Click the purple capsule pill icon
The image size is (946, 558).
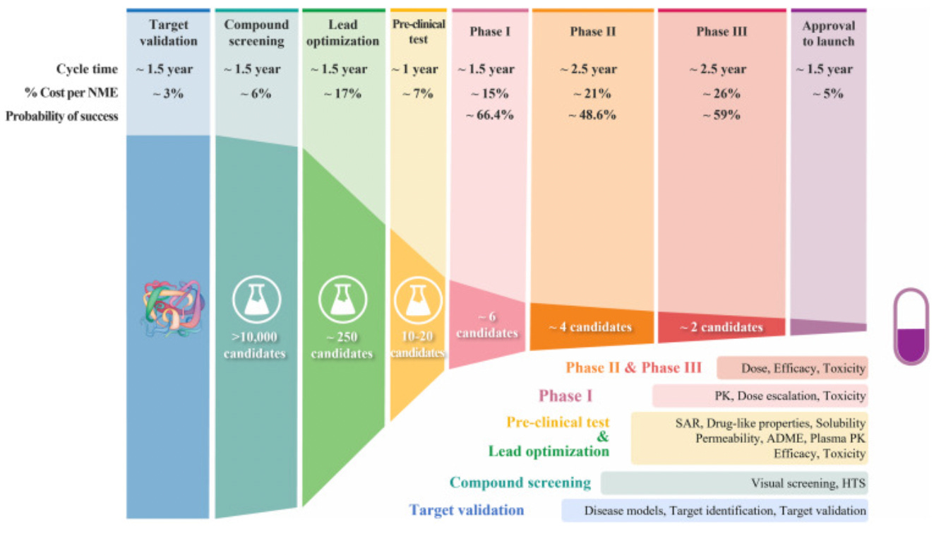pos(911,326)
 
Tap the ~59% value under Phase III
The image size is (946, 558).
pos(721,116)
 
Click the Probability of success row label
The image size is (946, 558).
pos(62,116)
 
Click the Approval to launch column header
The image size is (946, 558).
pos(828,33)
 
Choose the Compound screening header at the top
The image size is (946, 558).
pos(256,33)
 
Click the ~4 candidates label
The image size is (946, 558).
pos(590,327)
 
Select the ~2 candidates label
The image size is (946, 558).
pos(721,327)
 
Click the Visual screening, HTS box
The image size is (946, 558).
pos(734,484)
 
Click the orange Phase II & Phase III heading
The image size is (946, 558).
pos(634,368)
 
